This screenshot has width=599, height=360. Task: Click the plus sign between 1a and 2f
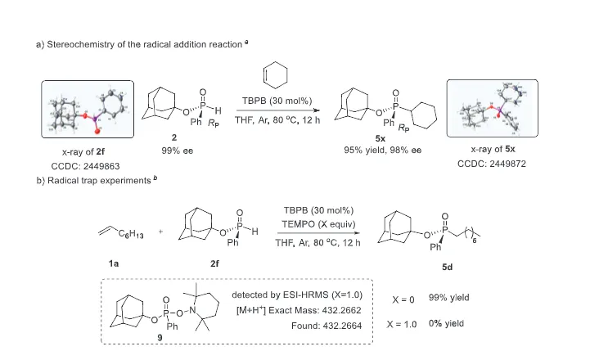[160, 231]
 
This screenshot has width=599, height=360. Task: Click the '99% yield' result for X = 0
[449, 298]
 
